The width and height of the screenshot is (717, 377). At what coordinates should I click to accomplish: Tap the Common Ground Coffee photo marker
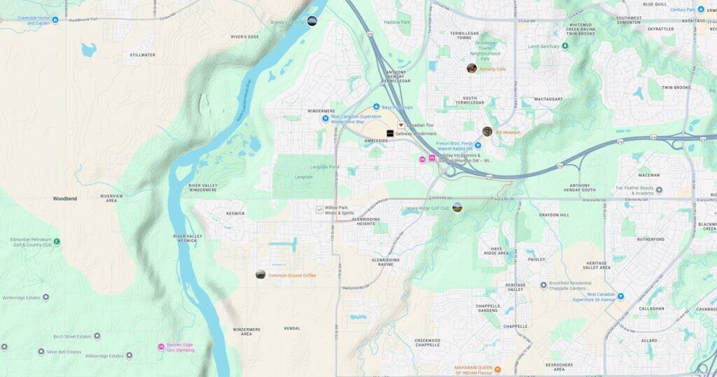260,275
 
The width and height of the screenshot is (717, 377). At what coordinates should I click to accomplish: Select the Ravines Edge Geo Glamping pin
161,347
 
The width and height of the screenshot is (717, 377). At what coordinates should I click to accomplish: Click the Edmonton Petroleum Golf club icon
57,242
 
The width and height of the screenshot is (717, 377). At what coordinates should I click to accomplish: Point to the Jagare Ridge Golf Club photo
457,207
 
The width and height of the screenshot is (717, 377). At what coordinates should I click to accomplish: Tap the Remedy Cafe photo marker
472,68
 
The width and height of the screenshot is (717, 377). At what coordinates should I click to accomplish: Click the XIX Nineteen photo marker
487,132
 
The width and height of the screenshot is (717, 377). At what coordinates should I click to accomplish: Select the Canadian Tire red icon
401,125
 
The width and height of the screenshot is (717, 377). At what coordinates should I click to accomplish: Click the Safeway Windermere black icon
390,133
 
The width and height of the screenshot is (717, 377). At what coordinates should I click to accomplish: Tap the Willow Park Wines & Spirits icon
319,209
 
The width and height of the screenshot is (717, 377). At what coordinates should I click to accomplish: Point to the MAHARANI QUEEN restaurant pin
498,369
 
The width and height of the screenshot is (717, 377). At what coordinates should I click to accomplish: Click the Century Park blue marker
700,10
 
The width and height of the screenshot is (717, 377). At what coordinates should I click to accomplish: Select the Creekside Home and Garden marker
55,20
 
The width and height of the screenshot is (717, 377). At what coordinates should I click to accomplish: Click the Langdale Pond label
323,167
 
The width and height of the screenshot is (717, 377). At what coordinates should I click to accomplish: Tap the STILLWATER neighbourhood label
142,55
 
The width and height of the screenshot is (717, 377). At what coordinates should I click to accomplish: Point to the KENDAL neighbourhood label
292,328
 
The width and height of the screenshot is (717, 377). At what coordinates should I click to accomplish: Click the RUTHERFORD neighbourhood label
650,239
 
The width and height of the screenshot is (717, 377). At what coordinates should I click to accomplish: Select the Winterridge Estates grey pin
46,297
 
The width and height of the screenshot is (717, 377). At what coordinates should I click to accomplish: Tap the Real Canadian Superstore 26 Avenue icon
620,296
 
